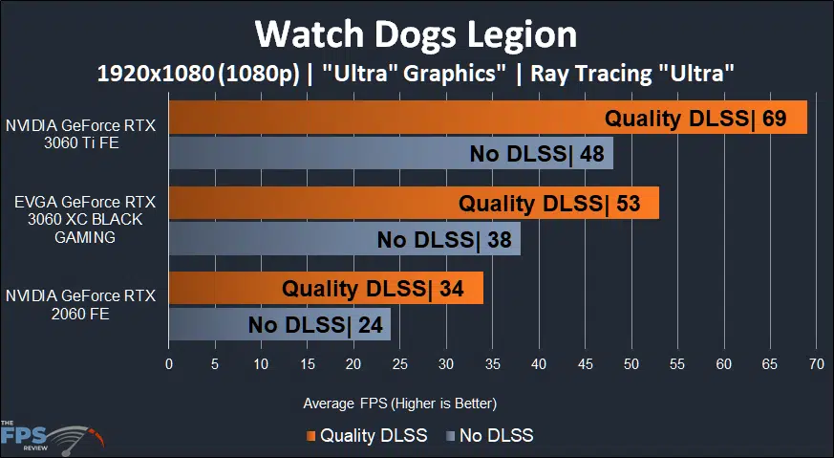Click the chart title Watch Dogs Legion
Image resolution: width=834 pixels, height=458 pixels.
point(416,34)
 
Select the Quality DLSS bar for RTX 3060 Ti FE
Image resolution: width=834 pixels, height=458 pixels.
point(487,119)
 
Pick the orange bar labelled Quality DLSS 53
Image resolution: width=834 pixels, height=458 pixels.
point(413,203)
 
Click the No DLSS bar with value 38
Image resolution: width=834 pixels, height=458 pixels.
point(344,238)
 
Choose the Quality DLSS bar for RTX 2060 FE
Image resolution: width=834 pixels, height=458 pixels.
point(325,288)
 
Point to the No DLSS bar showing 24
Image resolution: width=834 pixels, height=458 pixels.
point(279,323)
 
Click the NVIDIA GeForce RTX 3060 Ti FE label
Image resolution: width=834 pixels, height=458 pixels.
point(80,134)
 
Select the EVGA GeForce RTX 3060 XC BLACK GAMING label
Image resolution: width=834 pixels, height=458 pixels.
point(78,220)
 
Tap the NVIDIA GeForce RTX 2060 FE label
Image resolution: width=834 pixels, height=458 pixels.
point(80,303)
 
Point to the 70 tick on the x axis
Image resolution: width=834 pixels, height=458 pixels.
point(816,364)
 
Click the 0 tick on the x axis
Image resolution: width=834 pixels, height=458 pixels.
point(169,364)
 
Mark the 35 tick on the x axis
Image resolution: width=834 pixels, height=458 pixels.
point(492,364)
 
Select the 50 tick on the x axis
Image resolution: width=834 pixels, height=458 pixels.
point(631,364)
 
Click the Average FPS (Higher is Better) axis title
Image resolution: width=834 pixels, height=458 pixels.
point(399,403)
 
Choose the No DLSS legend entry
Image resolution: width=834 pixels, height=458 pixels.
point(488,436)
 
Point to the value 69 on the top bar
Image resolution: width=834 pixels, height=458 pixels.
point(774,119)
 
